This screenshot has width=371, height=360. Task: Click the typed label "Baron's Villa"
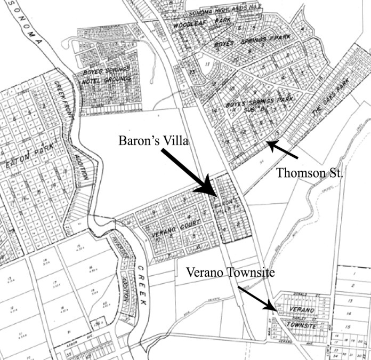coord(151,141)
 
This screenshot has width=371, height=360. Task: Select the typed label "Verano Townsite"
coord(230,273)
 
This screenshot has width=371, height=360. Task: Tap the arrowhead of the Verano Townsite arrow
coord(277,309)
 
